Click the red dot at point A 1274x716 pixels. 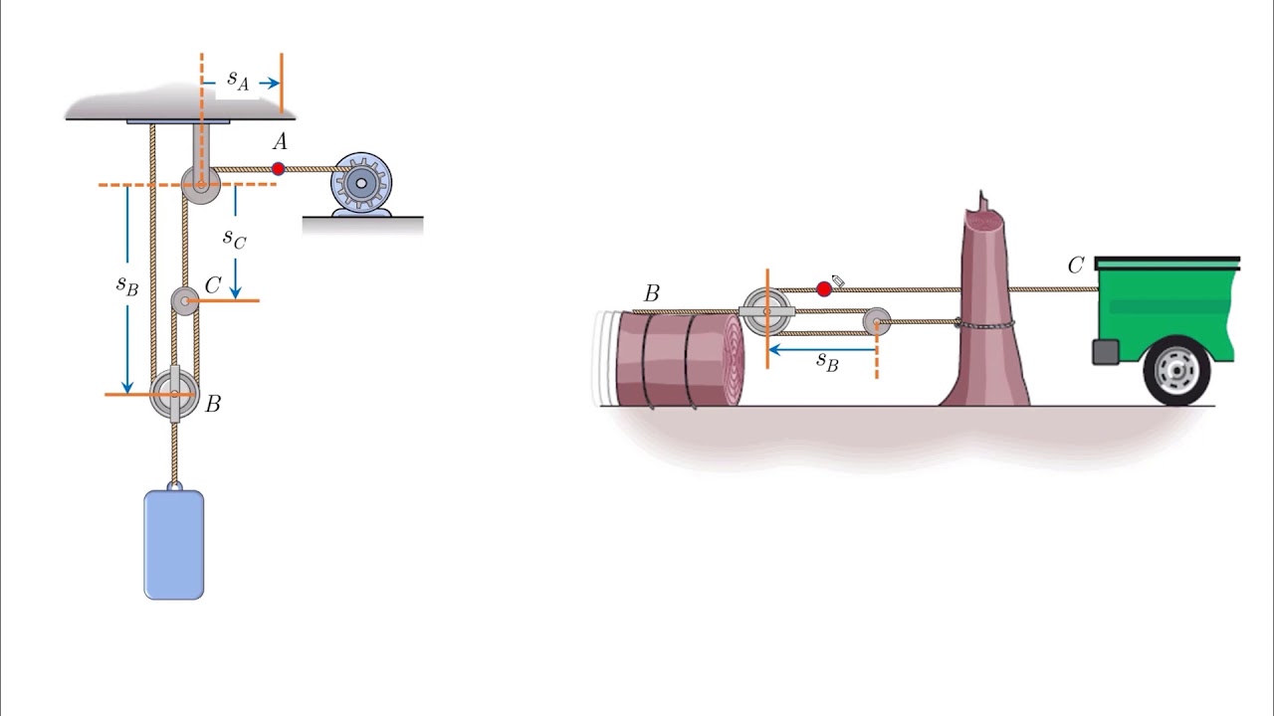[278, 169]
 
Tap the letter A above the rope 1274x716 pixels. [280, 142]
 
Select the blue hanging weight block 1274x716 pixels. [174, 544]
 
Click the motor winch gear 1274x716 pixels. [361, 183]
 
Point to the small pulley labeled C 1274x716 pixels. [185, 301]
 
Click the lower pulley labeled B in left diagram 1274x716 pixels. [174, 394]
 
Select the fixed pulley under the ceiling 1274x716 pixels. [201, 185]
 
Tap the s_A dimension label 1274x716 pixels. [238, 81]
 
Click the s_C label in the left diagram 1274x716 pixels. [234, 238]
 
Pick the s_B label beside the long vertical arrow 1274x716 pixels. [126, 285]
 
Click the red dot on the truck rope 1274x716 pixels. [824, 288]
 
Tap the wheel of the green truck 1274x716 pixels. [1176, 371]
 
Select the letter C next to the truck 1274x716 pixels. [1076, 266]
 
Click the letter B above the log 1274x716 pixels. [652, 293]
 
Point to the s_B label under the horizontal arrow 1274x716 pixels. [827, 361]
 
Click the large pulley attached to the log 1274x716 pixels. [767, 311]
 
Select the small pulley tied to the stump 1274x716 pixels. [877, 322]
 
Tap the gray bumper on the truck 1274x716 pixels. [1106, 352]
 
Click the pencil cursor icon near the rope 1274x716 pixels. [838, 280]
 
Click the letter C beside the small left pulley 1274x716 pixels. [213, 284]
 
